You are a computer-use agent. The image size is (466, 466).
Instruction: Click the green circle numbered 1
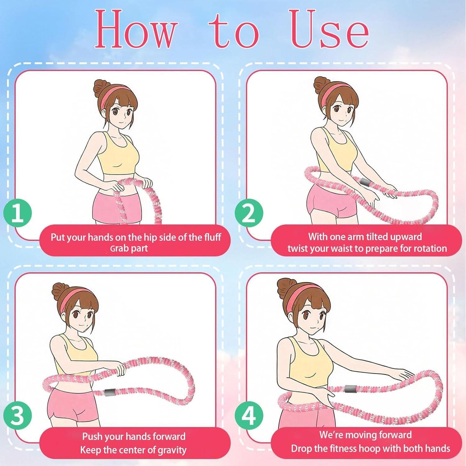(18, 214)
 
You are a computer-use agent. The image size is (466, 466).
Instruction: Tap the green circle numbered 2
(249, 214)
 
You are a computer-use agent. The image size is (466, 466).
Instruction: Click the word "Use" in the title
(331, 30)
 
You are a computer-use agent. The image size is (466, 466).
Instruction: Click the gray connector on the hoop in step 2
(365, 182)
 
